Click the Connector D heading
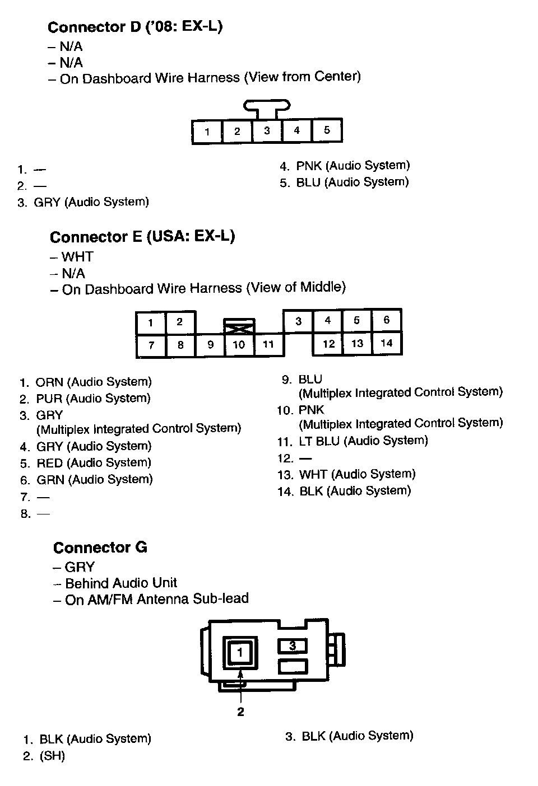(135, 27)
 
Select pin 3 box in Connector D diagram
(267, 131)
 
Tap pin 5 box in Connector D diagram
(327, 131)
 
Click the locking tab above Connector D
(267, 106)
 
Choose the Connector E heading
(142, 237)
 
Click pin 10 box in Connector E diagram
(239, 345)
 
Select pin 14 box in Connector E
(387, 343)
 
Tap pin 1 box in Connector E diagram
(151, 322)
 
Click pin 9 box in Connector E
(210, 345)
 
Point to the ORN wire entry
(93, 382)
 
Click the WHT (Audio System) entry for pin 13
(356, 475)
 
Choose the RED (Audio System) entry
(93, 463)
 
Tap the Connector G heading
(100, 548)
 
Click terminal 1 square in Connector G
(240, 652)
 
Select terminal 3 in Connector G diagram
(293, 646)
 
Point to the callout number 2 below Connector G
(240, 712)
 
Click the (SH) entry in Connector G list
(52, 756)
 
